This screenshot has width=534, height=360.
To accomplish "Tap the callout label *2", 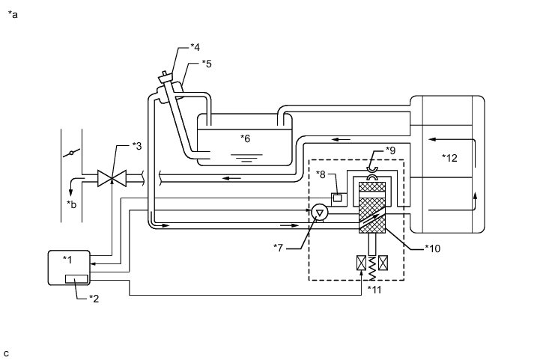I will (95, 299).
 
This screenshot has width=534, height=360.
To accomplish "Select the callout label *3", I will (136, 144).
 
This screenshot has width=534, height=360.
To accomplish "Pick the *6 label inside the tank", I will (246, 138).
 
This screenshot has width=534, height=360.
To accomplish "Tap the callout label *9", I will (390, 150).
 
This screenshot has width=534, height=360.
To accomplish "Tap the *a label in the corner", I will (12, 14).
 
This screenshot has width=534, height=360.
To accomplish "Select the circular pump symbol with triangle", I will (319, 213).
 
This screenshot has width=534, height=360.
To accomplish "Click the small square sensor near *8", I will (339, 198).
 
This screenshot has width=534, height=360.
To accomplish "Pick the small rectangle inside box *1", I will (77, 279).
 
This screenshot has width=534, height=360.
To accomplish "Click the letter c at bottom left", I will (6, 353).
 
